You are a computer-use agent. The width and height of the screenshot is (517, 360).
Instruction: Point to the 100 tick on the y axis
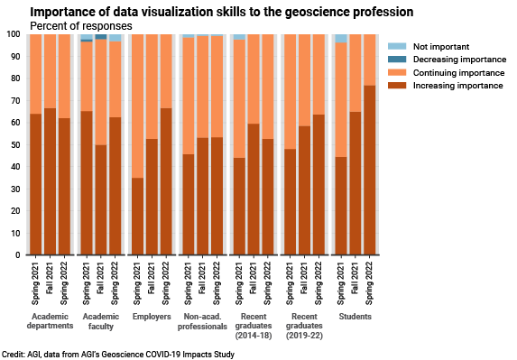pos(14,34)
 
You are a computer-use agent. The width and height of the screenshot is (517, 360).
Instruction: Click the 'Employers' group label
pos(152,318)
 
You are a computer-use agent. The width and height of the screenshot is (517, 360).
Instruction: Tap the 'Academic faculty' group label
pos(101,323)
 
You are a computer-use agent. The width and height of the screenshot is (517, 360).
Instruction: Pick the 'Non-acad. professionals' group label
pos(202,323)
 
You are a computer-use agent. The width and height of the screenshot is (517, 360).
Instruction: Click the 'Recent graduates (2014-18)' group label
pos(254,328)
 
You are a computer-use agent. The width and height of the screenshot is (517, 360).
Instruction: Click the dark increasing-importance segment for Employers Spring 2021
pos(138,217)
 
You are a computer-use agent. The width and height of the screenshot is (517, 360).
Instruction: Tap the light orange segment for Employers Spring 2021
pos(138,106)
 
